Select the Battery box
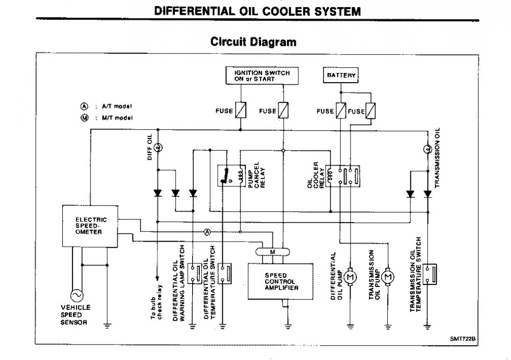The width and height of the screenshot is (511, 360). [x=340, y=76]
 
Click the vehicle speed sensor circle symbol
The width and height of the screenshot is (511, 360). [x=78, y=295]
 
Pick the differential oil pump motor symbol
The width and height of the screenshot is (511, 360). [x=351, y=276]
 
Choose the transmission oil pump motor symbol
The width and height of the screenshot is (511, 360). [x=387, y=276]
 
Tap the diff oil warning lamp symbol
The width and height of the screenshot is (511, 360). [x=158, y=147]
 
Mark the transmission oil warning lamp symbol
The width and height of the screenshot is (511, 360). [x=427, y=150]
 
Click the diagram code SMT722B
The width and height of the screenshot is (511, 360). [x=463, y=338]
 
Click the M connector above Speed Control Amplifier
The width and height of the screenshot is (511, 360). [x=273, y=252]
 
